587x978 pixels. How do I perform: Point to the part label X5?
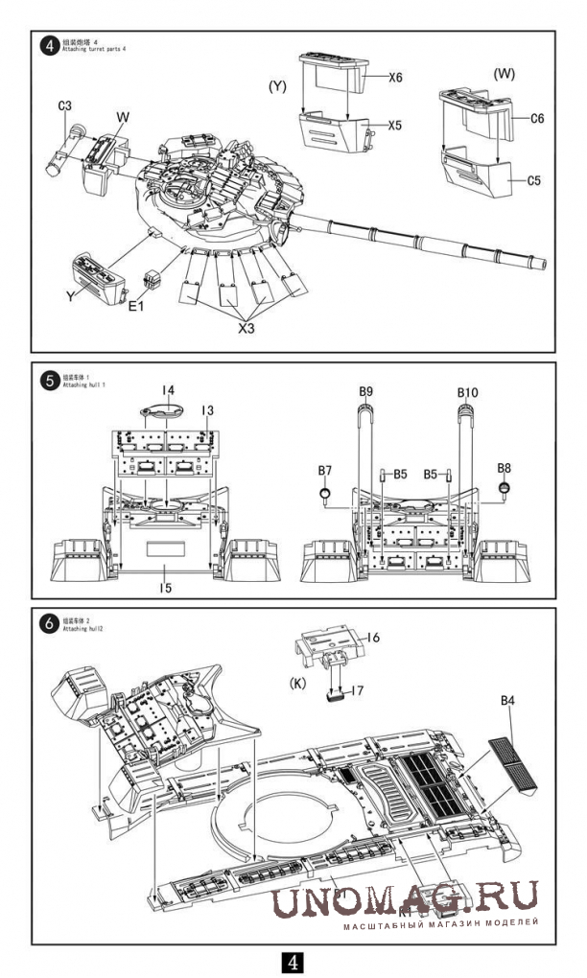click(x=395, y=125)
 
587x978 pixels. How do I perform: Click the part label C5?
click(x=536, y=179)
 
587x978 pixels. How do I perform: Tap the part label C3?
click(x=65, y=106)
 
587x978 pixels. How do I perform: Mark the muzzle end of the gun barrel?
click(x=545, y=261)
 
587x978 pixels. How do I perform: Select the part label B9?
click(x=365, y=391)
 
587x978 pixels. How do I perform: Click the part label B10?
click(x=467, y=392)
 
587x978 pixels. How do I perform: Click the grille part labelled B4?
click(x=508, y=762)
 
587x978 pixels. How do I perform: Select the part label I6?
click(x=373, y=638)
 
